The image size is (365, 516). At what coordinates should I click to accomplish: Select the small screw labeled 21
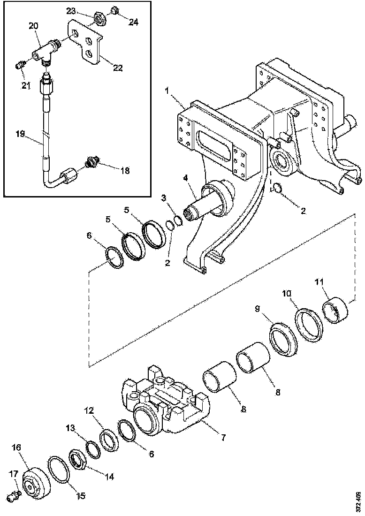[x=20, y=65]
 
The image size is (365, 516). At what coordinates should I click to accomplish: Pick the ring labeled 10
[x=307, y=324]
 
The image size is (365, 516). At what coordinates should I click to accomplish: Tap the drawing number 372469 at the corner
[x=358, y=501]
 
